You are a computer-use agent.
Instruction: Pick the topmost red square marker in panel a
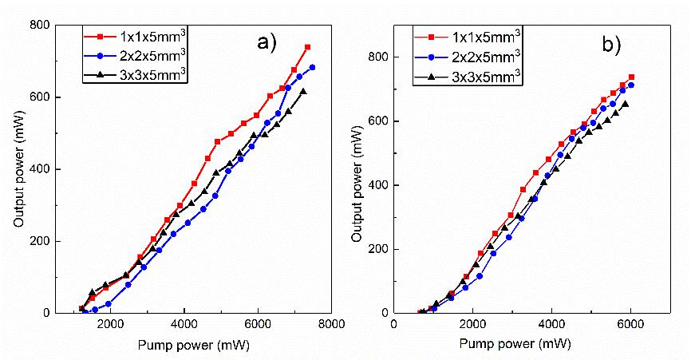click(307, 47)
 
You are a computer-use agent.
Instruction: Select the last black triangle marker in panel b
click(626, 104)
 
